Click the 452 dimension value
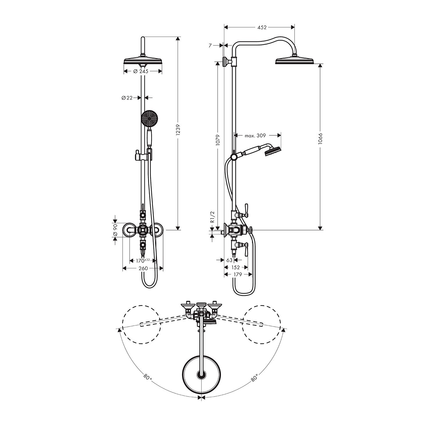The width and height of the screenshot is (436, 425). [262, 27]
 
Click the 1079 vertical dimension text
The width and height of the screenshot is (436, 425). [218, 140]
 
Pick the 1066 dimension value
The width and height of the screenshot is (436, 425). [321, 139]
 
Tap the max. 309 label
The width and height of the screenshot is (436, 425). [255, 135]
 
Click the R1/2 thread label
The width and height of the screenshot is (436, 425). [212, 217]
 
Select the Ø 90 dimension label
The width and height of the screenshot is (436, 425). [115, 230]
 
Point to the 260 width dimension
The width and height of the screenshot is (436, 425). [143, 268]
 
